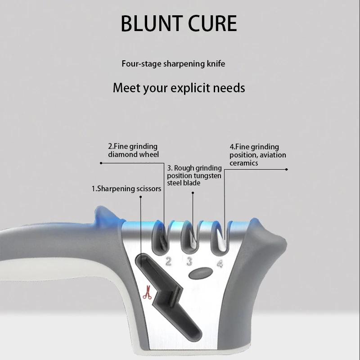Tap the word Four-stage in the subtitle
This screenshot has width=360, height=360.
pos(139,64)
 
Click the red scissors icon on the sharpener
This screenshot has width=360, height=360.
pos(146,293)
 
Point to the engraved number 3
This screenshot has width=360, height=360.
pos(189,261)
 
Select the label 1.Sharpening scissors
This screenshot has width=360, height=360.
pos(126,189)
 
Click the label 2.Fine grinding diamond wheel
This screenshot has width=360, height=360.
pos(133,150)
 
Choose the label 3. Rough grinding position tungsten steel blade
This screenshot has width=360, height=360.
pos(194,175)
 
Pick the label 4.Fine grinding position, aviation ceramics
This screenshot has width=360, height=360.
pos(257,155)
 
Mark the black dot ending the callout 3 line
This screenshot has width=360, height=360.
pos(193,193)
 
